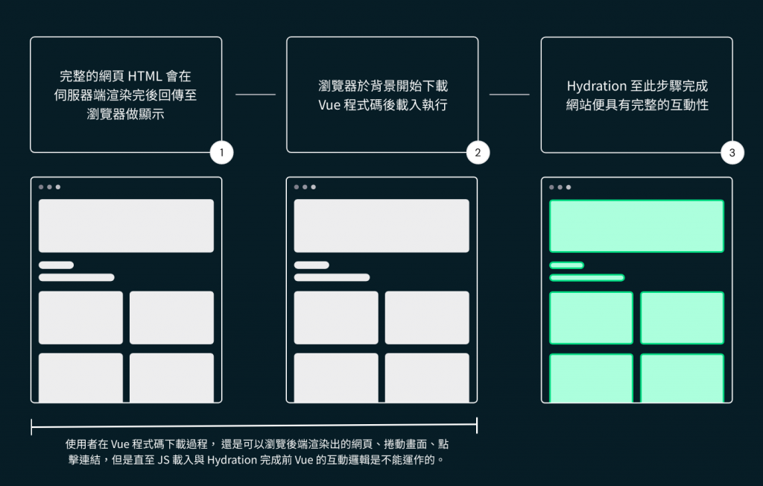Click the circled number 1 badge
coord(221,153)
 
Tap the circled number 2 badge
coord(477,153)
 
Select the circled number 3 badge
coord(732,153)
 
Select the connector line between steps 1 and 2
coord(255,95)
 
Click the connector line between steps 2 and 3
coord(509,95)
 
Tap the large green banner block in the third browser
coord(636,226)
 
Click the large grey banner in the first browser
coord(126,226)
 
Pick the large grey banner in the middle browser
coord(381,226)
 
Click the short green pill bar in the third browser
coord(566,265)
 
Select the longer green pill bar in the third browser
coord(586,278)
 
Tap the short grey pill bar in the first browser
coord(56,265)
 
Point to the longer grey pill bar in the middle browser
coord(332,278)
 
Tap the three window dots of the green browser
coord(560,187)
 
